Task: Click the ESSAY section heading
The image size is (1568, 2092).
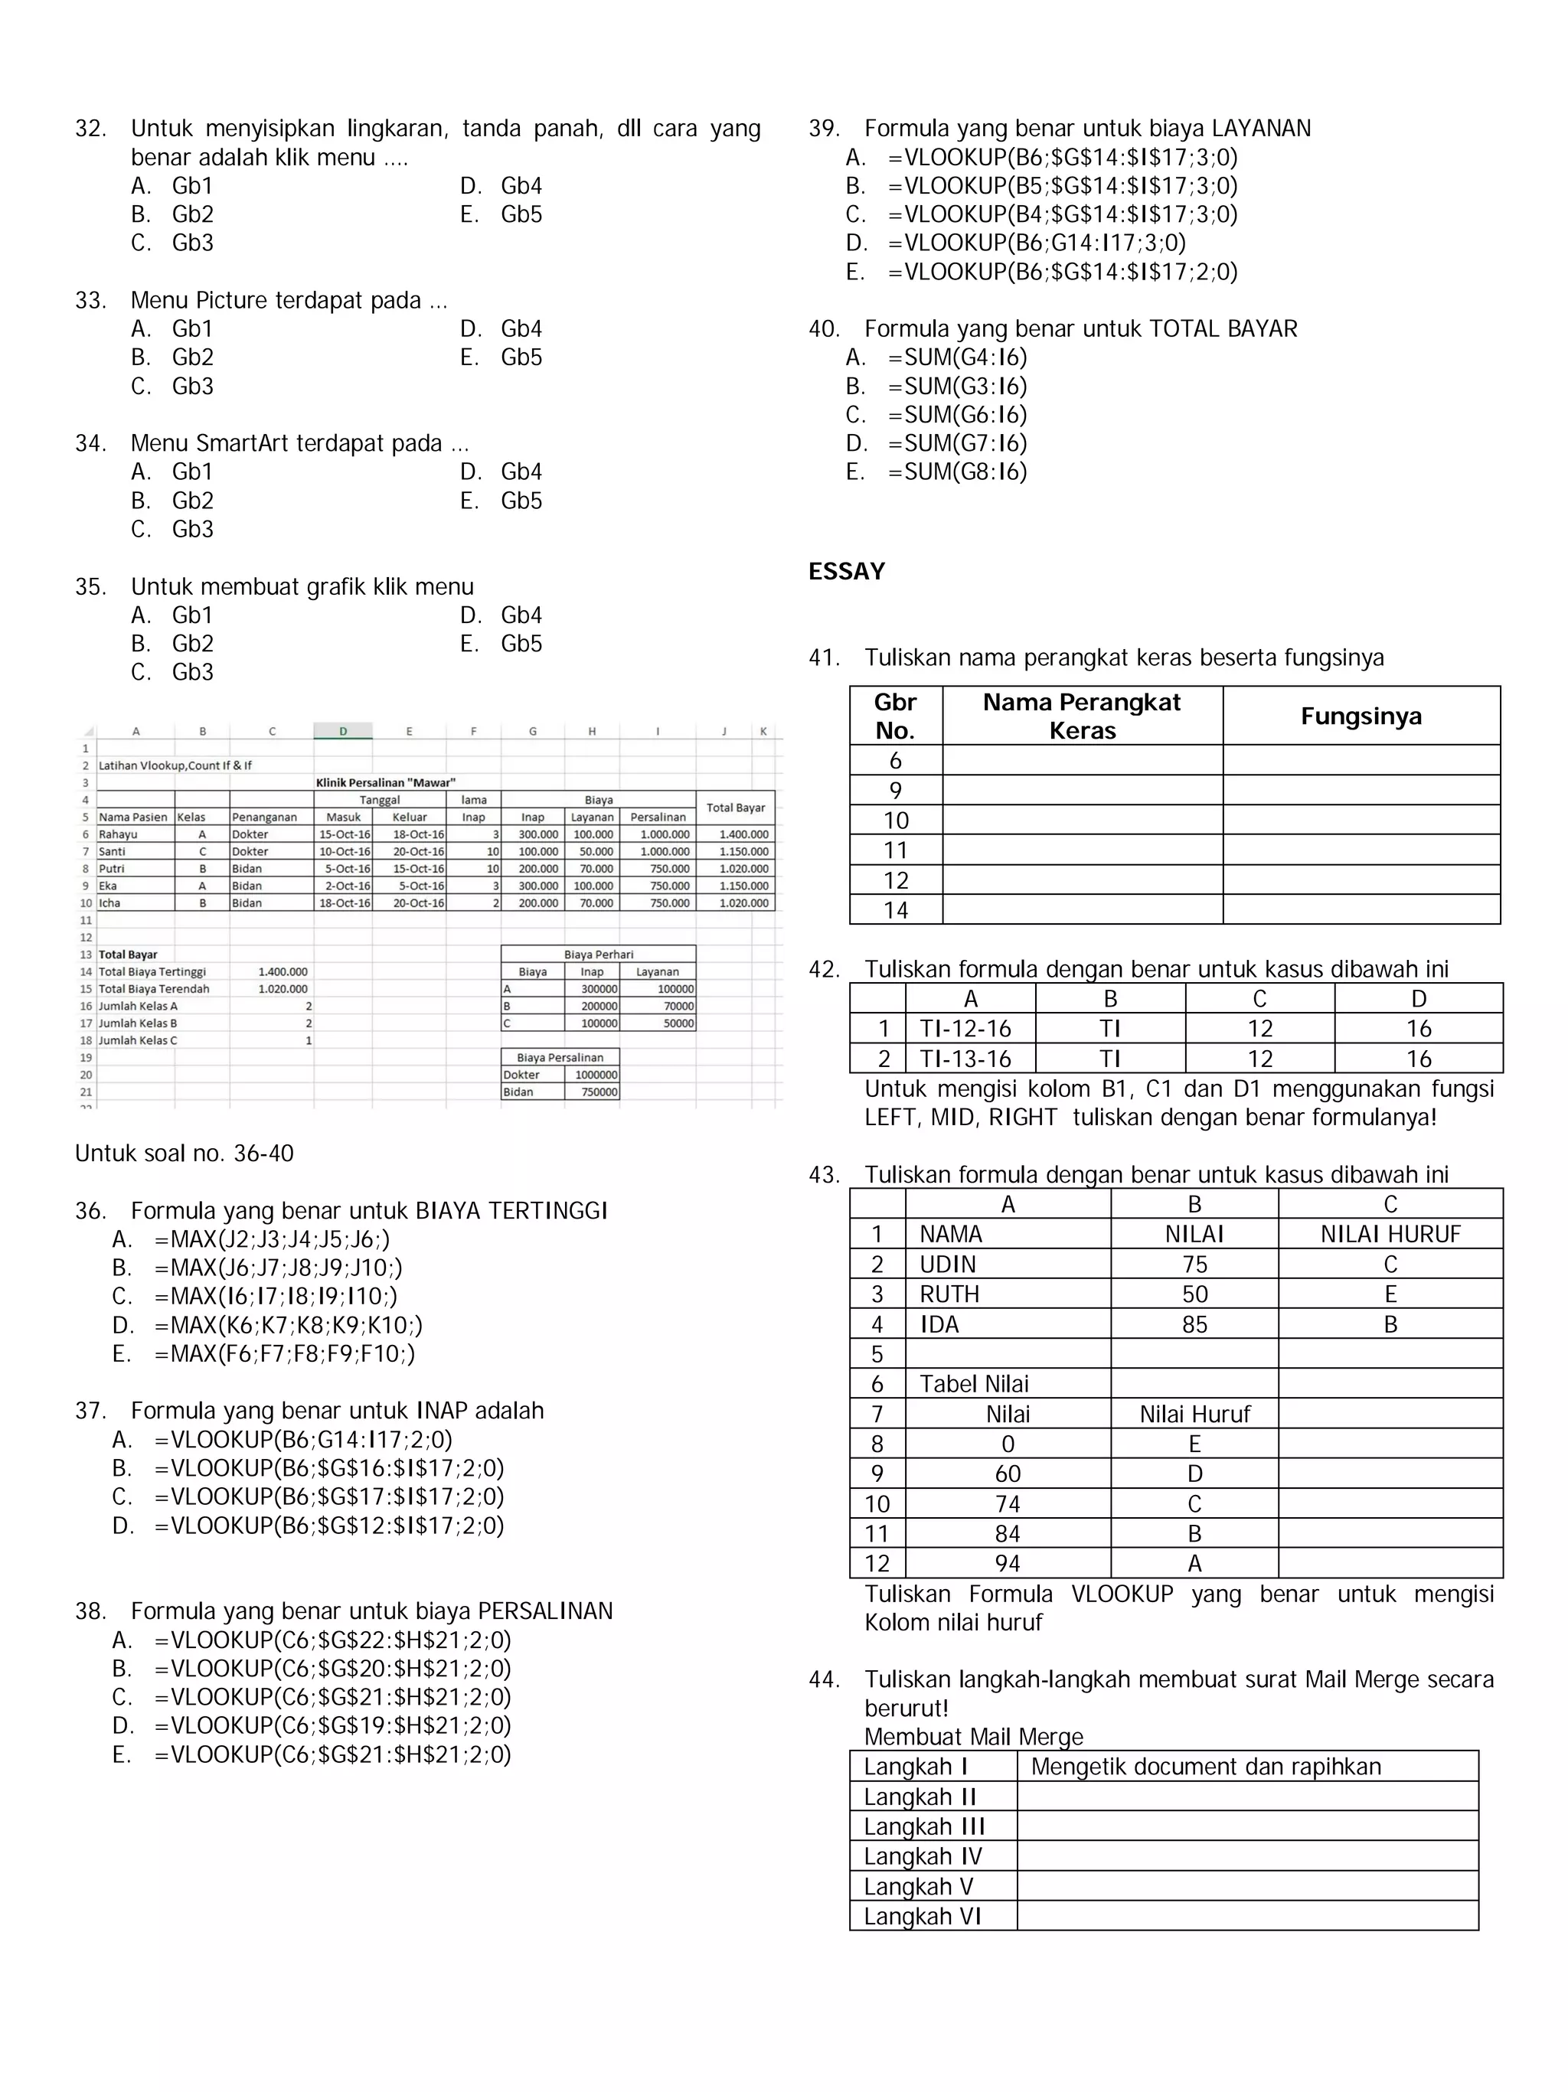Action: tap(847, 571)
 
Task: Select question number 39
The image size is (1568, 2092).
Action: tap(824, 129)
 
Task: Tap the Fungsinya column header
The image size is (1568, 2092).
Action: tap(1360, 716)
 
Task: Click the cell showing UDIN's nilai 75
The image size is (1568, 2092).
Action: tap(1194, 1265)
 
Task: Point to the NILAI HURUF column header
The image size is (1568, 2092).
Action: tap(1390, 1234)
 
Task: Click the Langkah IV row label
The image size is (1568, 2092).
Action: tap(922, 1856)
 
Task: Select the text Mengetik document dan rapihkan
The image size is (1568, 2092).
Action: tap(1205, 1767)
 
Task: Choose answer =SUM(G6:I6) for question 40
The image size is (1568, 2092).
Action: tap(957, 414)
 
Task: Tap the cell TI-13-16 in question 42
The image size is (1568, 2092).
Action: tap(965, 1059)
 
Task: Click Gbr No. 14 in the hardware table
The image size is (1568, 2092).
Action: tap(895, 910)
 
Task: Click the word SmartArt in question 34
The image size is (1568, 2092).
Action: tap(237, 443)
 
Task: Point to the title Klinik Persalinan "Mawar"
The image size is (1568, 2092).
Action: tap(385, 782)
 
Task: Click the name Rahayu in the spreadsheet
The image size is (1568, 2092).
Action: tap(118, 834)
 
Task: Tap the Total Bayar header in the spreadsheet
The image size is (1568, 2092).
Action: tap(735, 808)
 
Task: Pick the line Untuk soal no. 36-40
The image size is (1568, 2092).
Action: tap(185, 1154)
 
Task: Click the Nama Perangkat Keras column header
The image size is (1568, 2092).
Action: tap(1081, 716)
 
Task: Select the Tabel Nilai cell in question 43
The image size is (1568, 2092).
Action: tap(973, 1384)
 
